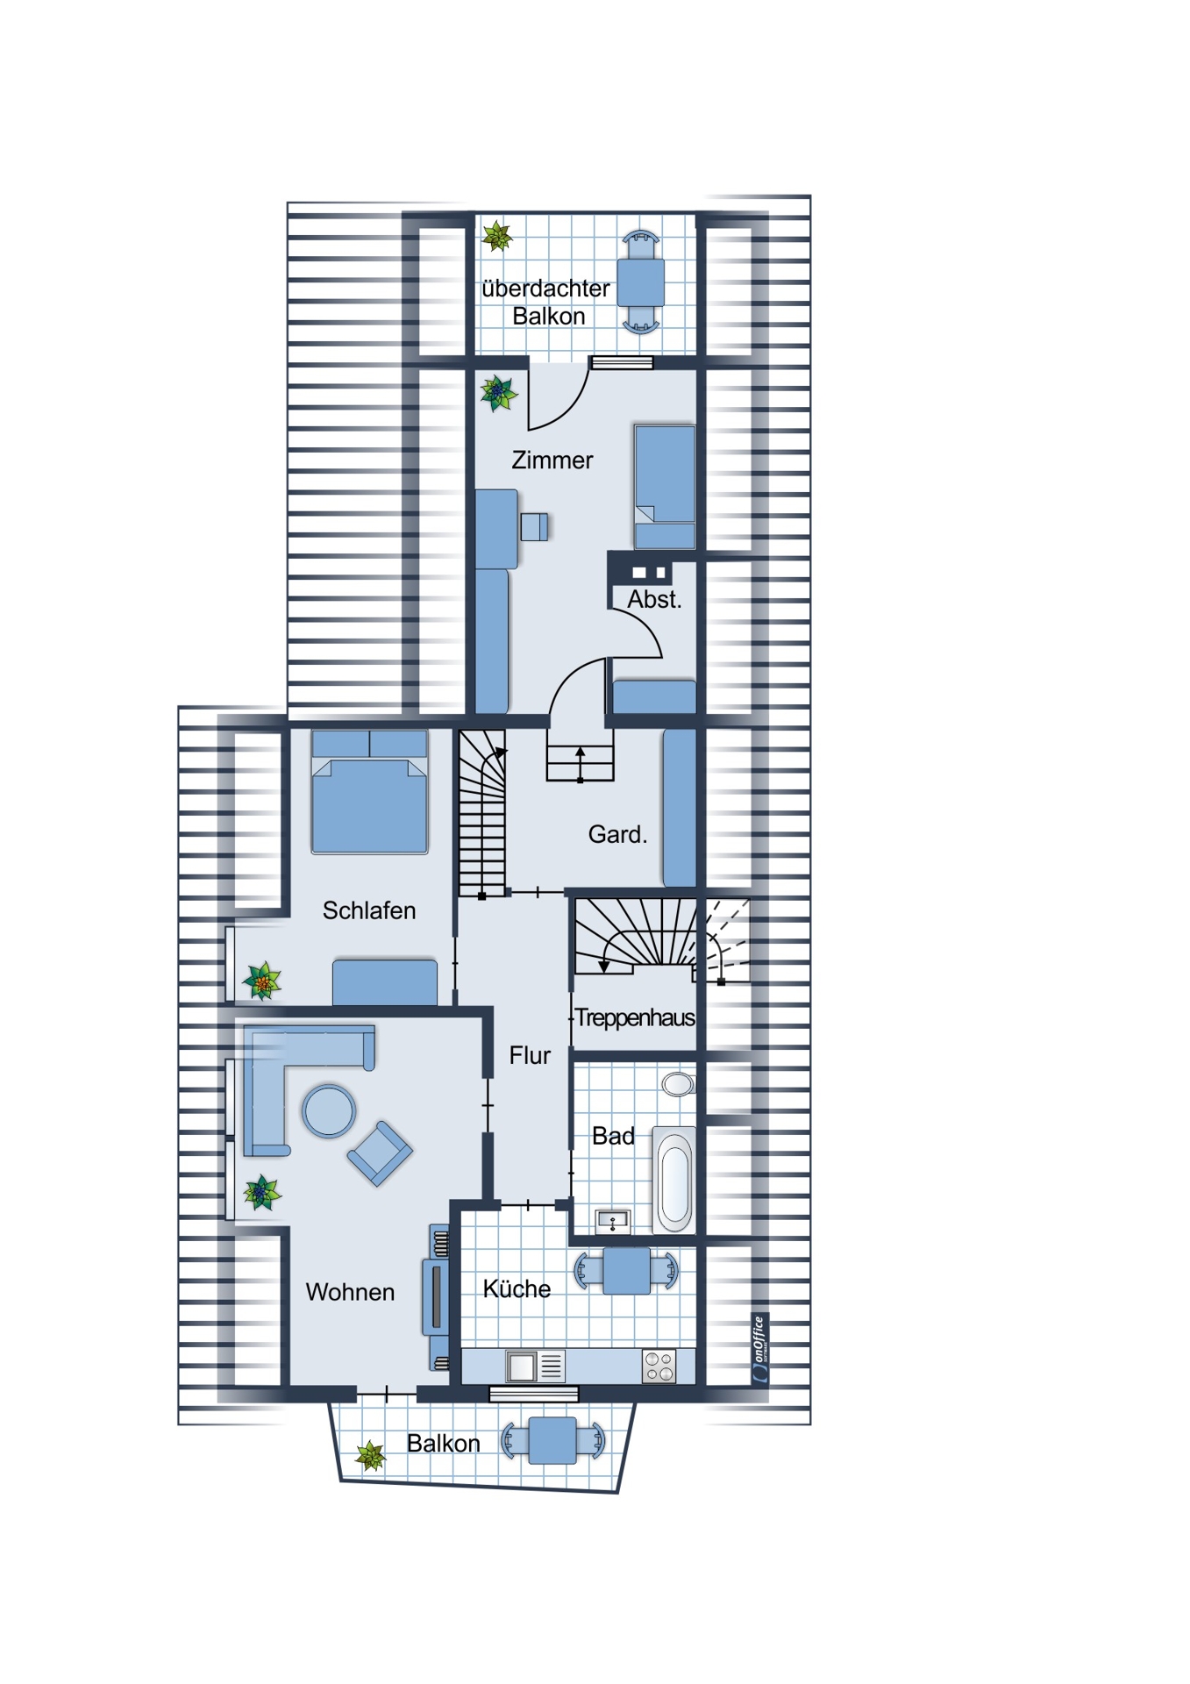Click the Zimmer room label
click(552, 460)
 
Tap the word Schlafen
click(369, 910)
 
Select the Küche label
click(517, 1288)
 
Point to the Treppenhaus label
click(635, 1017)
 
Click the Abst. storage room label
click(654, 600)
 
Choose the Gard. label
click(617, 834)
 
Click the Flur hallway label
click(530, 1055)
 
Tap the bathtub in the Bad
click(674, 1180)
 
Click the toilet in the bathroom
click(678, 1083)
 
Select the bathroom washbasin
click(612, 1220)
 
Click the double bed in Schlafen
click(369, 791)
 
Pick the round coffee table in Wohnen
click(329, 1111)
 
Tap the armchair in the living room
click(380, 1153)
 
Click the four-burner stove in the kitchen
click(659, 1366)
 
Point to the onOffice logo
click(759, 1349)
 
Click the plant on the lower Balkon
click(370, 1456)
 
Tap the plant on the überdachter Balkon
click(497, 236)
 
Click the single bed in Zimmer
click(665, 487)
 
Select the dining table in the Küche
click(626, 1271)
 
